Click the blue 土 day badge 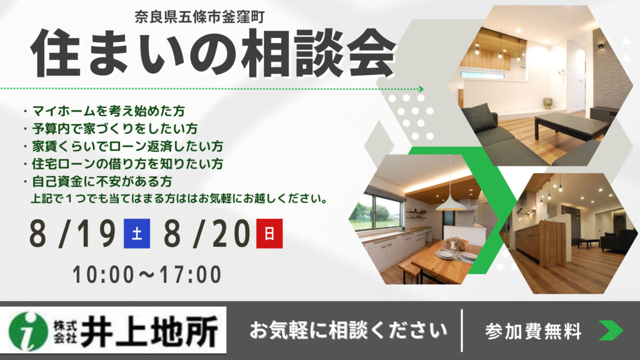[x=137, y=234]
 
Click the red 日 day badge [x=269, y=234]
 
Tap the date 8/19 [x=73, y=234]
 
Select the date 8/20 [x=207, y=234]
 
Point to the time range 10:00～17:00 [x=147, y=275]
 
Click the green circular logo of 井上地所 [x=28, y=331]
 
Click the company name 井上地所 [x=149, y=331]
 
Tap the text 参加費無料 [x=533, y=331]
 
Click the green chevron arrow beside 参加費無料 [x=611, y=331]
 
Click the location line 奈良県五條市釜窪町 [x=199, y=17]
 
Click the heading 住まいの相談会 [x=213, y=53]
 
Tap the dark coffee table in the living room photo [x=571, y=125]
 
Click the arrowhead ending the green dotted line [x=421, y=89]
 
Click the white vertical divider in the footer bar [x=462, y=331]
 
